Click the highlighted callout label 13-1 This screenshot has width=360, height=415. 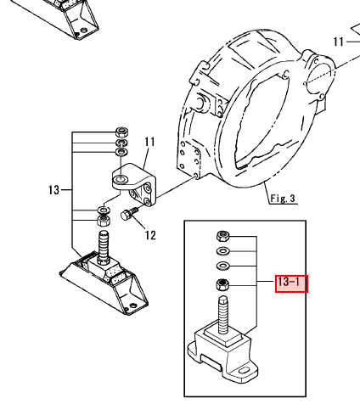tap(291, 283)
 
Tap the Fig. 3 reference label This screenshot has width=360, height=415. tap(283, 199)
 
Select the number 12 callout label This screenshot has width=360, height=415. tap(150, 235)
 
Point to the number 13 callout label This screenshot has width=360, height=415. tap(53, 190)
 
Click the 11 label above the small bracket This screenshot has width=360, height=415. tap(149, 142)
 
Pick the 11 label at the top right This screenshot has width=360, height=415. tap(339, 42)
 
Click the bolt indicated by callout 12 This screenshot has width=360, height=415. tap(129, 214)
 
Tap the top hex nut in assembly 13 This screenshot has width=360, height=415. tap(122, 132)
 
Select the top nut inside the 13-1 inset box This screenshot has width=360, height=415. tap(223, 236)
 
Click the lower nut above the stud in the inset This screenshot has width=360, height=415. tap(222, 284)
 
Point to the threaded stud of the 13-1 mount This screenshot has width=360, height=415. tap(223, 314)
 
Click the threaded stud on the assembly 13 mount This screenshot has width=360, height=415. tap(103, 247)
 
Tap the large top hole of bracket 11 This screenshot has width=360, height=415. tap(121, 179)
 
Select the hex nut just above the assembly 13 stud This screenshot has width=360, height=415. tap(104, 221)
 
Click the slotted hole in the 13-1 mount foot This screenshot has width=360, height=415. tap(243, 370)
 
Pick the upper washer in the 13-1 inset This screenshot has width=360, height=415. tap(223, 251)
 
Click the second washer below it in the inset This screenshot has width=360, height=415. tap(223, 266)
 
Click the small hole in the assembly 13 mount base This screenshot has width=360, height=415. tap(132, 306)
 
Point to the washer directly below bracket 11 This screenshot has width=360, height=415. tap(104, 210)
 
